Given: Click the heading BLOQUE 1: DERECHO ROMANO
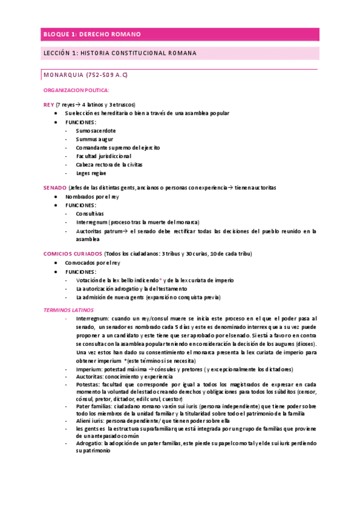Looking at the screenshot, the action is point(88,35).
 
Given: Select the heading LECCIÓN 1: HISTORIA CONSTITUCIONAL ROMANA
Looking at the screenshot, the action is point(120,53).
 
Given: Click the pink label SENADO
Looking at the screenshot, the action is point(55,188).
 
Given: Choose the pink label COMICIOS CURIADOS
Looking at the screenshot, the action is point(73,253).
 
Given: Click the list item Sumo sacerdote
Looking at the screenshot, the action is point(96,130).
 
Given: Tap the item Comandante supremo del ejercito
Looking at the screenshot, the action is point(118,147).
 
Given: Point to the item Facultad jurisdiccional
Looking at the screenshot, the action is point(103,156).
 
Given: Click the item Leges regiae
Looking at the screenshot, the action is point(91,173).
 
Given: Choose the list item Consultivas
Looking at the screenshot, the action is point(90,214).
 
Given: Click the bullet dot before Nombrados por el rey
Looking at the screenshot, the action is point(56,197).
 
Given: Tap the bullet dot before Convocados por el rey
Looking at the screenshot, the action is point(56,263).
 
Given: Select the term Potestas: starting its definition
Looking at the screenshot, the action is point(89,383).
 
